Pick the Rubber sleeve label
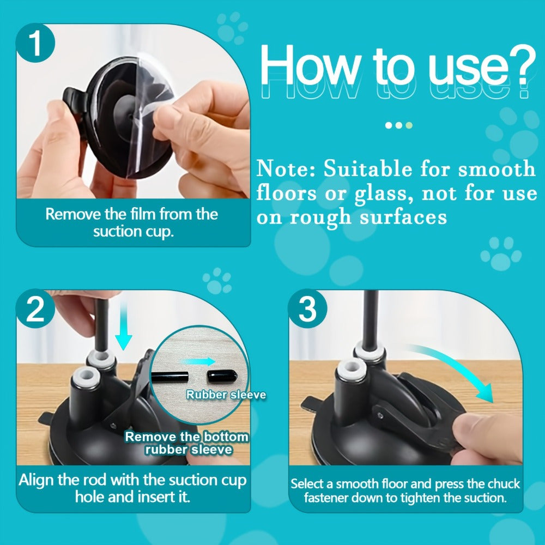(226, 394)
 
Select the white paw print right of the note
(500, 253)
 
